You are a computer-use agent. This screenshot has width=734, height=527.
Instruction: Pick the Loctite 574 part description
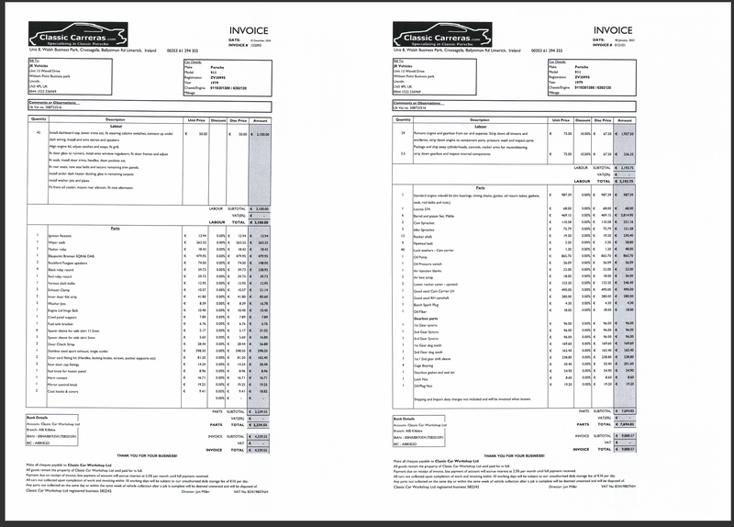pos(424,207)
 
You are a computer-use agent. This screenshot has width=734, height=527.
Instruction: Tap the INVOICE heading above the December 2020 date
pos(250,30)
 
